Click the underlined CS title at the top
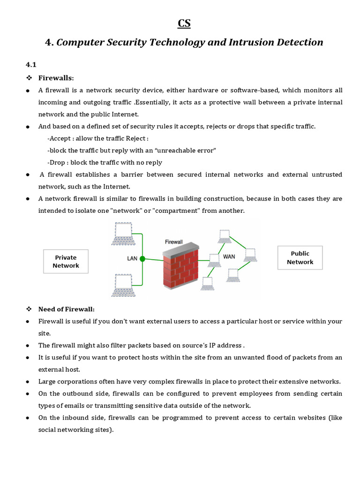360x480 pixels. pos(184,23)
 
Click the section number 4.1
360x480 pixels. pos(31,65)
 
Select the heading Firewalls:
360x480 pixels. pos(56,78)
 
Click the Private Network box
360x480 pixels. pos(66,262)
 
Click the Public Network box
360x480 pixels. pos(300,258)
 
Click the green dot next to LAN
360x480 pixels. pos(142,258)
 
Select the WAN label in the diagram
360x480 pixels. pos(229,256)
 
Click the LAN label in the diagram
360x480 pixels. pos(132,258)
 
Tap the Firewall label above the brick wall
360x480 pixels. pos(174,242)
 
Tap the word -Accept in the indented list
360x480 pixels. pos(59,139)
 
